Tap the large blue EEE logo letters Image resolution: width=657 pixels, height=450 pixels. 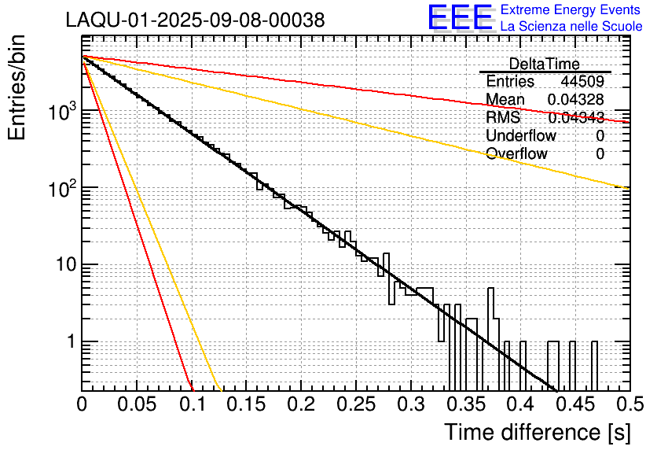[460, 18]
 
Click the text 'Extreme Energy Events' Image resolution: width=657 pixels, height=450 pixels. [571, 10]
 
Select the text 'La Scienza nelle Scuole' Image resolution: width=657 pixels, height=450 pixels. [571, 27]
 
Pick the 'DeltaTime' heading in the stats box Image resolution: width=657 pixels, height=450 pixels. [545, 65]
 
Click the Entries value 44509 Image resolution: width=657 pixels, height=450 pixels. [582, 82]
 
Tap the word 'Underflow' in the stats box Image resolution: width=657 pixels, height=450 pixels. [521, 135]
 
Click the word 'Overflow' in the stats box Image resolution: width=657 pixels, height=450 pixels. [516, 153]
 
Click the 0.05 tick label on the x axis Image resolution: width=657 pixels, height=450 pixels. [137, 405]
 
